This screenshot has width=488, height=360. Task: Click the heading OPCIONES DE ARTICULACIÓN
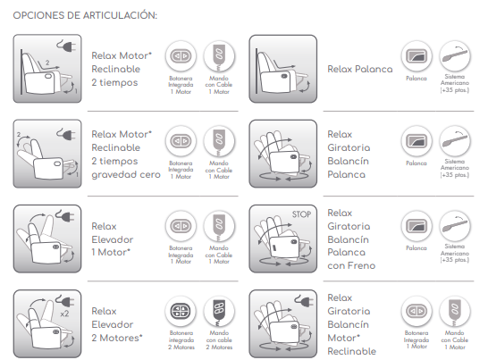[85, 15]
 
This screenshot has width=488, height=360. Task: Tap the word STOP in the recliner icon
[301, 214]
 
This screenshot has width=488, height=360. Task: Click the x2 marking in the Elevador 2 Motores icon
[64, 314]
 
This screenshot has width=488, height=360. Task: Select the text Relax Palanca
[360, 69]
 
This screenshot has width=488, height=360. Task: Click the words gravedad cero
[126, 174]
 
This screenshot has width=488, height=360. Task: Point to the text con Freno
[351, 265]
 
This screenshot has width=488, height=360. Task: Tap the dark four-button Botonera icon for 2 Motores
[181, 311]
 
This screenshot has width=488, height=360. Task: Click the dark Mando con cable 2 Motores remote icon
[219, 311]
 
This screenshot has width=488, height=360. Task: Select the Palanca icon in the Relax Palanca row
[416, 56]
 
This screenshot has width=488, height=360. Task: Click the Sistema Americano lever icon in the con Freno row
[455, 226]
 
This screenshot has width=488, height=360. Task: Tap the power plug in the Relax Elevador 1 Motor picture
[65, 215]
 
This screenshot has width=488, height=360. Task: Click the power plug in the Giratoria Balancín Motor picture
[304, 300]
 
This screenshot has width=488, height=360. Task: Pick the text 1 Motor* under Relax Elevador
[111, 252]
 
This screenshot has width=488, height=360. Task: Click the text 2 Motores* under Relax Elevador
[117, 338]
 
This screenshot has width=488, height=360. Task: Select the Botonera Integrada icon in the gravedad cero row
[181, 141]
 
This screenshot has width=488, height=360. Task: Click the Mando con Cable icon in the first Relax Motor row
[219, 56]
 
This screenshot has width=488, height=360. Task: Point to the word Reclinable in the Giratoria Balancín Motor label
[351, 351]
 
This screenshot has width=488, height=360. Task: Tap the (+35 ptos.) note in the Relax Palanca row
[454, 90]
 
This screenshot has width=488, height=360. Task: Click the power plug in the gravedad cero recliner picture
[66, 134]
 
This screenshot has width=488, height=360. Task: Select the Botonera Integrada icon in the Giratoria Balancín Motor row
[416, 311]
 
